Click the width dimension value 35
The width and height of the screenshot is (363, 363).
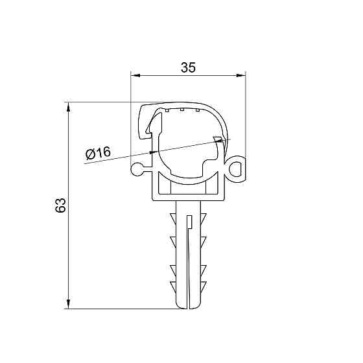(188, 67)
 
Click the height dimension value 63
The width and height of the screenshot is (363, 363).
(60, 206)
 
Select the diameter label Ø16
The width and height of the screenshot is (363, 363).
(98, 154)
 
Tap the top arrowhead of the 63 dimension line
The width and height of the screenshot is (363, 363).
(69, 106)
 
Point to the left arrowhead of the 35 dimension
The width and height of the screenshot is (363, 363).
(135, 76)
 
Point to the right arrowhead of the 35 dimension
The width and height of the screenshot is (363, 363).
(244, 76)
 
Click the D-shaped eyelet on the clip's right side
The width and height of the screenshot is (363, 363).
(238, 168)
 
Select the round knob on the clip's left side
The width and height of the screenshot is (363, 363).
(137, 169)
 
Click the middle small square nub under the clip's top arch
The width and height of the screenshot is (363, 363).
(183, 110)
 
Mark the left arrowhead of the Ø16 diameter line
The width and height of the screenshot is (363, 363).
(153, 152)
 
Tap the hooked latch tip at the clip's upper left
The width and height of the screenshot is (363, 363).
(143, 130)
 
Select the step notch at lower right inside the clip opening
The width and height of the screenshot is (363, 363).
(217, 162)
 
